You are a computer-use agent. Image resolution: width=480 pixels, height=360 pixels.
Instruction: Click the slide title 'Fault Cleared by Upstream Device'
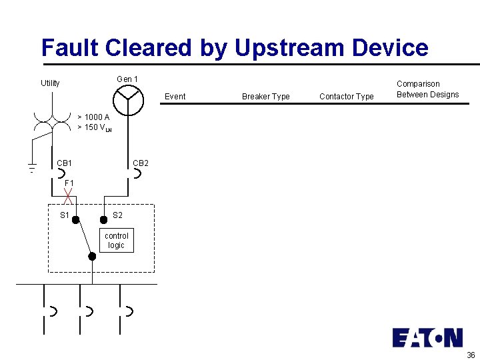pyautogui.click(x=235, y=48)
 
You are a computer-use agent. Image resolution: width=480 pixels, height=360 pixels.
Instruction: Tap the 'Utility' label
pyautogui.click(x=50, y=83)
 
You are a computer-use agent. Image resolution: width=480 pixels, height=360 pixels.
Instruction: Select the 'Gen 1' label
pyautogui.click(x=127, y=79)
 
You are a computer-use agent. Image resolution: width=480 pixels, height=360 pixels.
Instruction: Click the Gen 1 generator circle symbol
pyautogui.click(x=127, y=100)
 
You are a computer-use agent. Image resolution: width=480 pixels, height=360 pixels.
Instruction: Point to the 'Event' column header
pyautogui.click(x=175, y=97)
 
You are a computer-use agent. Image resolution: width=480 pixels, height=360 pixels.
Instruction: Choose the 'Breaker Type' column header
pyautogui.click(x=265, y=97)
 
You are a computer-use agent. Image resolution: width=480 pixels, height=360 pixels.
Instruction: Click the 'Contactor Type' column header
pyautogui.click(x=346, y=97)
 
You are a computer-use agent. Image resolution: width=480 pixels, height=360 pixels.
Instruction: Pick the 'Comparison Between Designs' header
pyautogui.click(x=427, y=89)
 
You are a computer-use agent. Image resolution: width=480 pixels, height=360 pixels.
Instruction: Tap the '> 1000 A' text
pyautogui.click(x=93, y=117)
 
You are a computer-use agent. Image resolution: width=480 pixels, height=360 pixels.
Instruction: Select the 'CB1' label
pyautogui.click(x=65, y=163)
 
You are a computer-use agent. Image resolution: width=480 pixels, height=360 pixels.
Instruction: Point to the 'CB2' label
pyautogui.click(x=141, y=163)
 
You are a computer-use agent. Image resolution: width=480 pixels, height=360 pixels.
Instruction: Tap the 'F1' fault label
pyautogui.click(x=69, y=183)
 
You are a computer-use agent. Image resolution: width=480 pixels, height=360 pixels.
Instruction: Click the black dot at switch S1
pyautogui.click(x=76, y=219)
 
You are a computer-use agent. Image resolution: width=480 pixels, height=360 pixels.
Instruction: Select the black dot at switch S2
pyautogui.click(x=103, y=219)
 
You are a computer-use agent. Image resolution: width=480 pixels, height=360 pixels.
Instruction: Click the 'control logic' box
pyautogui.click(x=117, y=241)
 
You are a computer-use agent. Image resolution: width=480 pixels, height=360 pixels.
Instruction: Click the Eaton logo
pyautogui.click(x=427, y=337)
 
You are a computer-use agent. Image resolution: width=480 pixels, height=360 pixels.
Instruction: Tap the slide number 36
pyautogui.click(x=471, y=354)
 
